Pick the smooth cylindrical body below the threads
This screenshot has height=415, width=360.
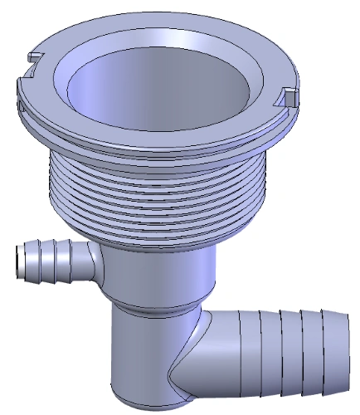point(158,270)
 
